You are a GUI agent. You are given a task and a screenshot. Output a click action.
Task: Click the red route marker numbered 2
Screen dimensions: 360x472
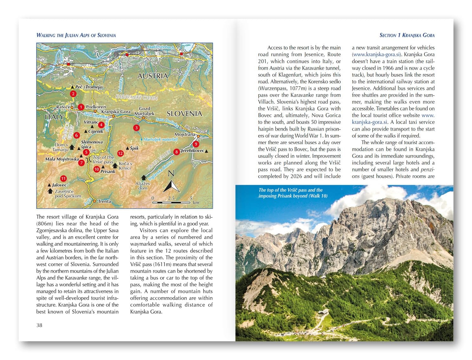(73, 94)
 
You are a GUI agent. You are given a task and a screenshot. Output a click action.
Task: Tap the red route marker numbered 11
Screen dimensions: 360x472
(63, 179)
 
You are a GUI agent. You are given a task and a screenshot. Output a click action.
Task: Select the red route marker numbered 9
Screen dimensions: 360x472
(196, 144)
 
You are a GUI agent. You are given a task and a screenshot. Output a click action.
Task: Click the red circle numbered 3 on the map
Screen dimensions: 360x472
(136, 128)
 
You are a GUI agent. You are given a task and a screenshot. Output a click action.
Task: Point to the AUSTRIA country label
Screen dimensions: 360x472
(153, 76)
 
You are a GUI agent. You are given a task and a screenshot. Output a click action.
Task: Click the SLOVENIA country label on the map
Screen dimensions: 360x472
(184, 114)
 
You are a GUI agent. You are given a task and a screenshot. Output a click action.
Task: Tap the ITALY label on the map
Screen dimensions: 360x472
(54, 117)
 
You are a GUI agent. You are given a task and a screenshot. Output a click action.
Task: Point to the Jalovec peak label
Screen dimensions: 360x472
(59, 185)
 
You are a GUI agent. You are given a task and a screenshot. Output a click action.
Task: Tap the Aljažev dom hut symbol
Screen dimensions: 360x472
(144, 178)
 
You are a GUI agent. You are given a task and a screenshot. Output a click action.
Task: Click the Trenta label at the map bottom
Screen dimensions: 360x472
(104, 201)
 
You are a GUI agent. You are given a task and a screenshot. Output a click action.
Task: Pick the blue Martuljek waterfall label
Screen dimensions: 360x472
(160, 139)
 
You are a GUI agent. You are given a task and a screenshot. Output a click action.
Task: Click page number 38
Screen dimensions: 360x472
(39, 325)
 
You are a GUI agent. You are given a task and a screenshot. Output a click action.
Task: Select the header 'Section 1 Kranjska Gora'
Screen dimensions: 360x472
(407, 35)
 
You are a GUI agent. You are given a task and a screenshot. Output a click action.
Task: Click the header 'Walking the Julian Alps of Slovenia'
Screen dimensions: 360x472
(76, 35)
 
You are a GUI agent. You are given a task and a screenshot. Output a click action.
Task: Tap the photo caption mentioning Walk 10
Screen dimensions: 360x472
(293, 193)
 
